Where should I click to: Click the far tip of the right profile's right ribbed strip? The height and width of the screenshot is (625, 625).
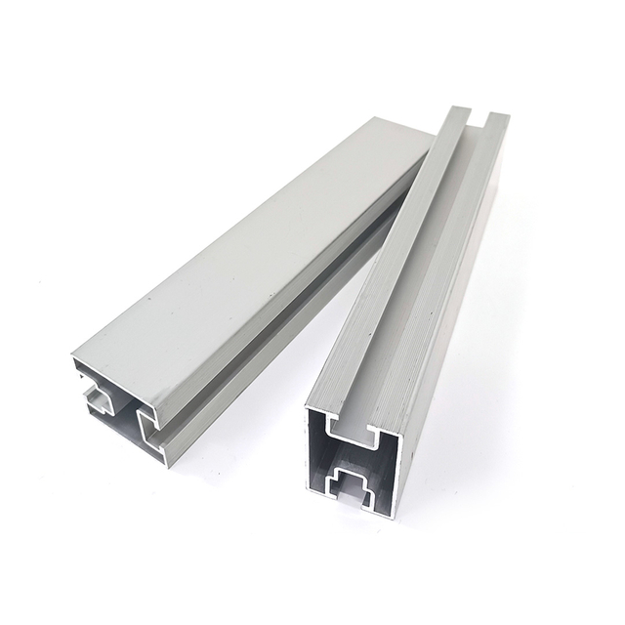tap(497, 117)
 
